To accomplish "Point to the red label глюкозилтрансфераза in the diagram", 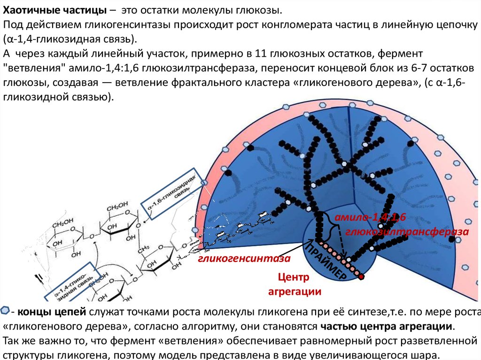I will pos(407,232).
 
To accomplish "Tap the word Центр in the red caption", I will pos(294,277).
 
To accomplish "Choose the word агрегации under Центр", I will pos(294,291).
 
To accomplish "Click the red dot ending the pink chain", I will pos(361,277).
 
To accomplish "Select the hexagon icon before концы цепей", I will pos(5,311).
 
